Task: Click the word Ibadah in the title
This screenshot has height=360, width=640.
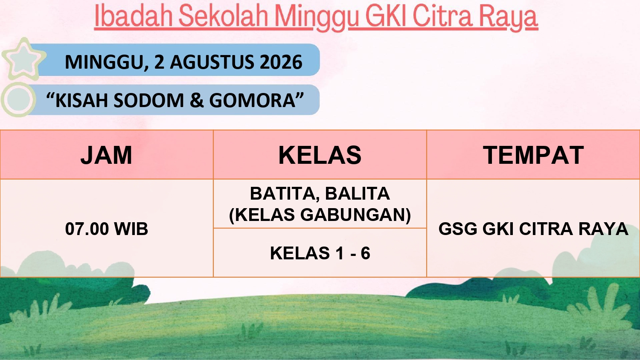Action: [134, 16]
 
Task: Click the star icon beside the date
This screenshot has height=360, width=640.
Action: [23, 59]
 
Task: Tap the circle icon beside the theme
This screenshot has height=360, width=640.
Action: [18, 99]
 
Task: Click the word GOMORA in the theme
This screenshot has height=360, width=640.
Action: [252, 100]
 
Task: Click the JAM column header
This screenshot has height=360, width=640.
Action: [106, 155]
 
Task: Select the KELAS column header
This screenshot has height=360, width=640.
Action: [320, 155]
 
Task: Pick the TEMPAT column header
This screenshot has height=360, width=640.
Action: [533, 155]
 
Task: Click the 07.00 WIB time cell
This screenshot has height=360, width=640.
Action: [107, 229]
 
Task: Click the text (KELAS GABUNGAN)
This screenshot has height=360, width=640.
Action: [320, 215]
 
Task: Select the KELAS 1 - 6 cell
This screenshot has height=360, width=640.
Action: [320, 253]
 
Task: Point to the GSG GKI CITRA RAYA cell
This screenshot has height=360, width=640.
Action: [533, 229]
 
